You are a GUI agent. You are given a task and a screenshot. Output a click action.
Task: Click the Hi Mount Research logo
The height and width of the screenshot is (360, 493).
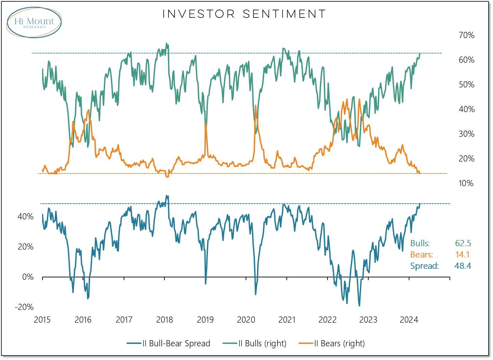(34, 22)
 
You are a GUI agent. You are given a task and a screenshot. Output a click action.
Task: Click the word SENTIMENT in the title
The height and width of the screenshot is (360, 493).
(284, 14)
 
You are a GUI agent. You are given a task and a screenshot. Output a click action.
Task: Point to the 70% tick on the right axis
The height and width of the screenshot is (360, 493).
(466, 35)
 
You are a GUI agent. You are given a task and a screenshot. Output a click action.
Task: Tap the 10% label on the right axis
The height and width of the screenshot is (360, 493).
(466, 183)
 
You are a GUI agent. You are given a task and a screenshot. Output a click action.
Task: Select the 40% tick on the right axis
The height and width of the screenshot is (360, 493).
(466, 109)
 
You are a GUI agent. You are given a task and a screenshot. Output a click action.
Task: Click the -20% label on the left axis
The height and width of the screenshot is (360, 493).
(24, 307)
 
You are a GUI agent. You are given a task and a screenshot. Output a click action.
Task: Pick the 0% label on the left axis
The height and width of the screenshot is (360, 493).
(28, 277)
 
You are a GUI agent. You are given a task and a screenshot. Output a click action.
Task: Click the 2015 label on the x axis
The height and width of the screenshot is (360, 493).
(42, 320)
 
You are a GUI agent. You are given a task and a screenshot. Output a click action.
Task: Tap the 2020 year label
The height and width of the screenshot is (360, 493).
(246, 320)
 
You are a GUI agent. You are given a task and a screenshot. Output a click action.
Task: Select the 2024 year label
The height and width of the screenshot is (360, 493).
(409, 320)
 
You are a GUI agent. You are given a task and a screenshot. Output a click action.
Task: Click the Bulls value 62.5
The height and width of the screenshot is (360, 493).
(463, 243)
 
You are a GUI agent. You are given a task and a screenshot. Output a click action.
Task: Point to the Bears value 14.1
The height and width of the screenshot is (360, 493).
(462, 255)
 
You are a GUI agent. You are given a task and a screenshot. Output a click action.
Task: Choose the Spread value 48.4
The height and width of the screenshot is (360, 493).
(463, 266)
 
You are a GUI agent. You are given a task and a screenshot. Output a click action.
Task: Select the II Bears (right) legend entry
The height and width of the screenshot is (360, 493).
(339, 344)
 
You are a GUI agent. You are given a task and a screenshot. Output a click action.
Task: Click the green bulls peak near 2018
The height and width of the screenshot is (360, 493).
(167, 44)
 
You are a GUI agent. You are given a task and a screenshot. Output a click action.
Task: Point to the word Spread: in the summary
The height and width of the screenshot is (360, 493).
(424, 266)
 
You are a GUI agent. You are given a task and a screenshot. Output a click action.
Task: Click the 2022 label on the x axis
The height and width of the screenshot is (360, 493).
(328, 320)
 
